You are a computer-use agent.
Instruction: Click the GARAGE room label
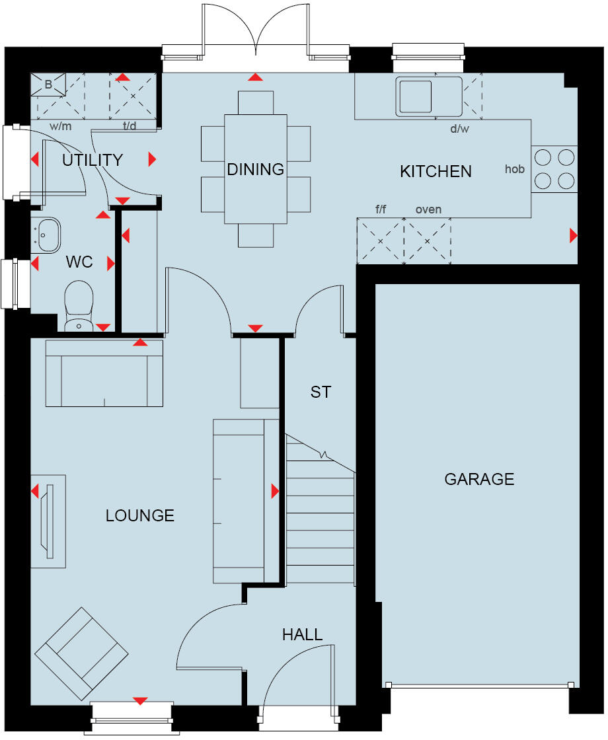click(x=479, y=479)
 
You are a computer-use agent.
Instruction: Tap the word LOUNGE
click(x=140, y=515)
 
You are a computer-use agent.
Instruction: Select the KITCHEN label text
click(x=436, y=172)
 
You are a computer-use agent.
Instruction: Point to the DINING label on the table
click(x=255, y=169)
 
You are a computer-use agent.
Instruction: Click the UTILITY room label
click(x=93, y=160)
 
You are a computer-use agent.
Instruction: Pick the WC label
click(x=79, y=263)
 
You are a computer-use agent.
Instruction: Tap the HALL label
click(x=303, y=635)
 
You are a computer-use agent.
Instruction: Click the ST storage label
click(x=321, y=392)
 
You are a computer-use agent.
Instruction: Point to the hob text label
click(x=514, y=169)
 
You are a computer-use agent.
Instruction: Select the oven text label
click(x=428, y=209)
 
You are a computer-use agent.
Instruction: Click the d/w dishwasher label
click(x=459, y=129)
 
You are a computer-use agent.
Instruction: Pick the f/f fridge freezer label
click(x=381, y=209)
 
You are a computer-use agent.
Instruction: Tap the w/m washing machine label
click(x=59, y=126)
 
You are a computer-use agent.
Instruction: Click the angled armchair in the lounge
click(x=81, y=653)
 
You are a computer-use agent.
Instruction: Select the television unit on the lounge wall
click(x=49, y=521)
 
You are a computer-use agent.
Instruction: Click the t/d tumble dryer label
click(x=129, y=126)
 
